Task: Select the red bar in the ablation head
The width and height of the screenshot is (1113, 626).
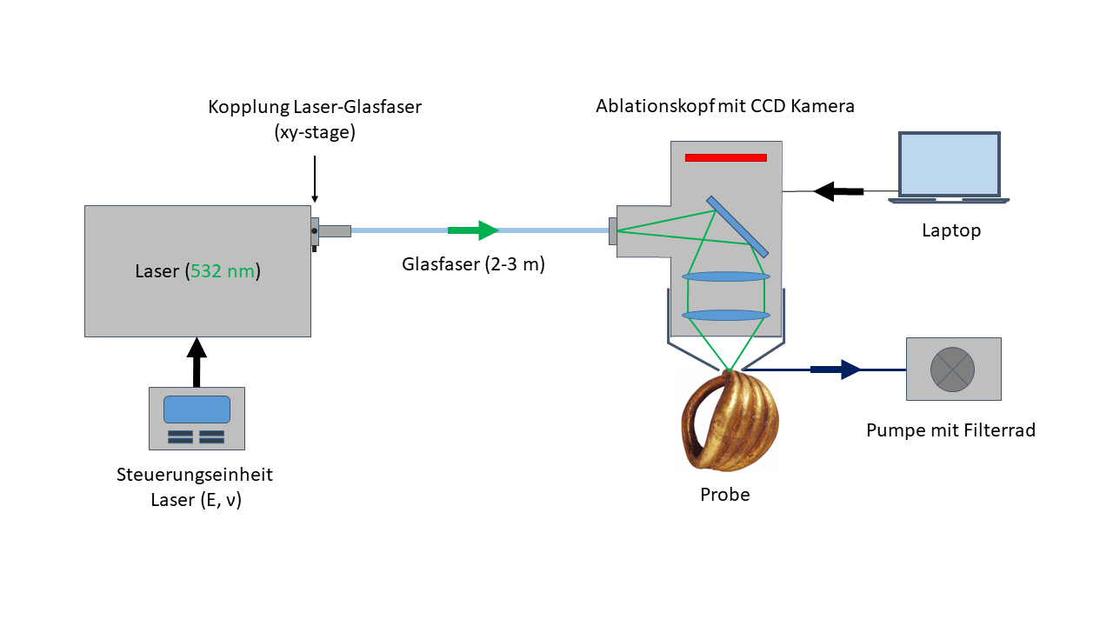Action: (725, 157)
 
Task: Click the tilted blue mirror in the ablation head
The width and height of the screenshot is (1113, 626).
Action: (737, 226)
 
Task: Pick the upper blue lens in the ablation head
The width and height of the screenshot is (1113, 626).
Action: (726, 276)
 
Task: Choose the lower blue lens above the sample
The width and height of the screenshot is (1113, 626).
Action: (726, 315)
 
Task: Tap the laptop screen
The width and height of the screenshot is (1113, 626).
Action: (949, 164)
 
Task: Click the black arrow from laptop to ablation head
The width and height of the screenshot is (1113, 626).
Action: (837, 190)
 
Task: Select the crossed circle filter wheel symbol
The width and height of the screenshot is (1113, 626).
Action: (953, 369)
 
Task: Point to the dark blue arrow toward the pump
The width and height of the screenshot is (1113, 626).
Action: (835, 370)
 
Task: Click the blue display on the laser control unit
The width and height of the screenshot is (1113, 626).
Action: (197, 410)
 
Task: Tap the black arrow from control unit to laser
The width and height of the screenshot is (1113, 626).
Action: (197, 362)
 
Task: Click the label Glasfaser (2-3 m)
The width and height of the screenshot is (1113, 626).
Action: (473, 264)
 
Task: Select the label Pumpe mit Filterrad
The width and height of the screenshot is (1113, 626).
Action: (950, 430)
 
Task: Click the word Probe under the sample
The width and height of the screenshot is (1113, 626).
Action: (724, 495)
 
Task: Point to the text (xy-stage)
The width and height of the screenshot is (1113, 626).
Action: (314, 133)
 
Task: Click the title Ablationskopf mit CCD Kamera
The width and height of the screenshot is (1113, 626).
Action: (725, 106)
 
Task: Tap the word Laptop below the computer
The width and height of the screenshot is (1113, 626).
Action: (951, 230)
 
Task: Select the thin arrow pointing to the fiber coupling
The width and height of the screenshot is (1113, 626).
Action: (315, 178)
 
